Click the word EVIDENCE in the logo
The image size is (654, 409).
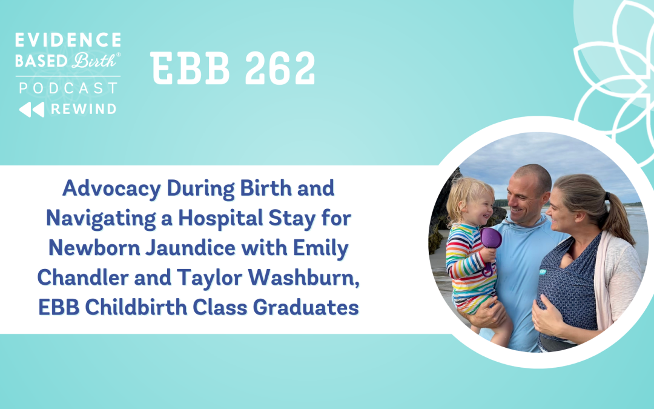point(68,39)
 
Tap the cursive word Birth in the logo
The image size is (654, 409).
point(94,61)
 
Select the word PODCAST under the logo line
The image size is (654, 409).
point(68,88)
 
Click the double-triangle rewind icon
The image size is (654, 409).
point(31,109)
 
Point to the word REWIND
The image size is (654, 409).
point(84,109)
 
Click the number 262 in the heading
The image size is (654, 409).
point(279,68)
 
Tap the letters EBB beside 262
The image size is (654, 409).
point(190,68)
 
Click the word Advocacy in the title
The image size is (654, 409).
point(112,189)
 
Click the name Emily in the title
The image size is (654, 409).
point(321,249)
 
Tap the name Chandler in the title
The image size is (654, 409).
point(83,278)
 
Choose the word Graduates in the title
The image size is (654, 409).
point(306,308)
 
